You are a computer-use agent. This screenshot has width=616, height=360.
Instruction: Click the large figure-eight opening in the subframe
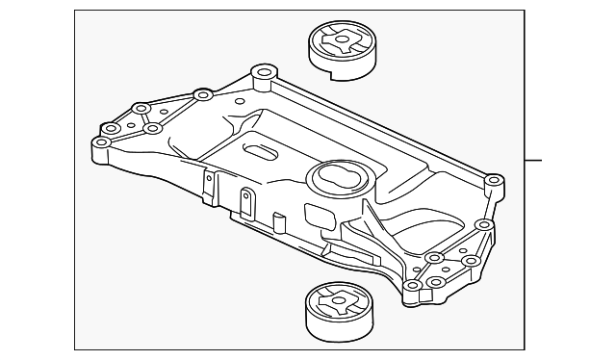[x=336, y=176]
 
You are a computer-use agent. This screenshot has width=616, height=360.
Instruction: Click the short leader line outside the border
[x=535, y=160]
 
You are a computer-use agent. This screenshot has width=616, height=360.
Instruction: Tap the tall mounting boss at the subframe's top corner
[x=261, y=74]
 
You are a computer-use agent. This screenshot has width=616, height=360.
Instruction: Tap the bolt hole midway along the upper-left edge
[x=202, y=95]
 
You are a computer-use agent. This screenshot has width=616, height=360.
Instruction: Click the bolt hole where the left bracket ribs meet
[x=151, y=128]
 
